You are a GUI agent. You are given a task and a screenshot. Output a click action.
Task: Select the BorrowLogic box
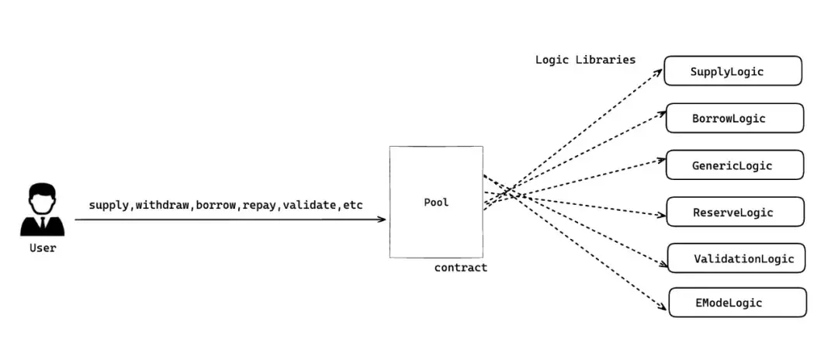point(735,118)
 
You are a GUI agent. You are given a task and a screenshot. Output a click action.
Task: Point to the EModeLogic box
point(737,303)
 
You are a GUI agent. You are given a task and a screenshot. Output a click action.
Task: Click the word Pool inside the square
point(436,202)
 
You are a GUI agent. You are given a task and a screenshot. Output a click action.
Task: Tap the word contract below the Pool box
point(461,268)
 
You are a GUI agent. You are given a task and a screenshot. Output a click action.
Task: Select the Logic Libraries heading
point(585,60)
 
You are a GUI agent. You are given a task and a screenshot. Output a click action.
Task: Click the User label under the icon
point(43,248)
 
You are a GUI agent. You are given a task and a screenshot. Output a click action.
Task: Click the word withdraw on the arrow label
point(163,205)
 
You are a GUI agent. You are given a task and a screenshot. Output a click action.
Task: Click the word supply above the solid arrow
point(109,205)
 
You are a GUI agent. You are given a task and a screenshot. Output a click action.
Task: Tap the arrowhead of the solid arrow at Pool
point(382,220)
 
